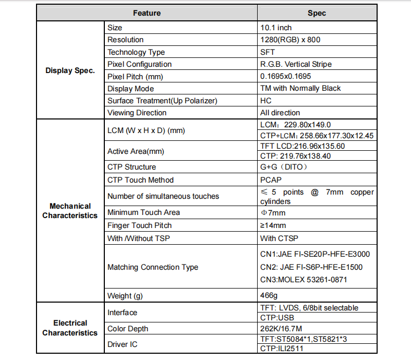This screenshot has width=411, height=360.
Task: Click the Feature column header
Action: [x=147, y=13]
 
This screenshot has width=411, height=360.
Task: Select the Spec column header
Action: [x=317, y=13]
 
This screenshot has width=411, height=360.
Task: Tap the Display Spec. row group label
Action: [x=70, y=70]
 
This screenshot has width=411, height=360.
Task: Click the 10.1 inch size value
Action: [x=276, y=28]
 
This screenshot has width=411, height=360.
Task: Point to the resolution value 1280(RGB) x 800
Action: [x=290, y=40]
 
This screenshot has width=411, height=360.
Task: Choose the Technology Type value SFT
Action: [x=268, y=52]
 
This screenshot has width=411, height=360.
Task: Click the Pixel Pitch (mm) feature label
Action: [x=135, y=76]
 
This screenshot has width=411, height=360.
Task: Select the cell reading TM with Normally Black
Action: [x=300, y=88]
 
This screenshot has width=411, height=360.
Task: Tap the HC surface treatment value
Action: [x=266, y=100]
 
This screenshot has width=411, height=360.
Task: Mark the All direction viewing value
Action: [x=280, y=113]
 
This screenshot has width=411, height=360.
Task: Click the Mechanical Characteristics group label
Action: [x=70, y=211]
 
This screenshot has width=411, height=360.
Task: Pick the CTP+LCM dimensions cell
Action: [x=317, y=136]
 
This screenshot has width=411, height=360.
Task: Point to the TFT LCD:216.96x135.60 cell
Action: [x=303, y=146]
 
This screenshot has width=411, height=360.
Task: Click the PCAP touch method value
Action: [x=270, y=180]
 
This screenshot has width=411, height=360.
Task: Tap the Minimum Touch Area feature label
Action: [x=143, y=212]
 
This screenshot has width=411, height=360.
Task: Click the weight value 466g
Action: [x=269, y=296]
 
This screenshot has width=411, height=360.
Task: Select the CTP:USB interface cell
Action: [x=276, y=317]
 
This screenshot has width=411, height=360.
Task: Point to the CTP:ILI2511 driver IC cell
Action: [x=281, y=349]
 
